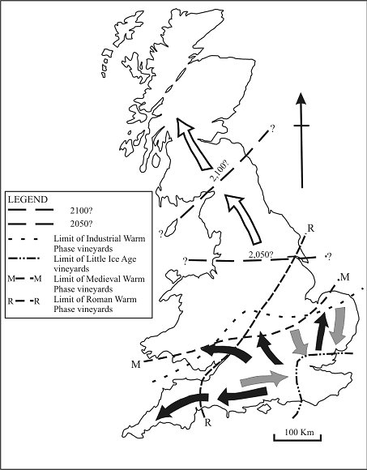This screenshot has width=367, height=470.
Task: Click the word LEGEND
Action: pyautogui.click(x=27, y=199)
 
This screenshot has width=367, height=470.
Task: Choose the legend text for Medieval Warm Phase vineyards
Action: pyautogui.click(x=102, y=283)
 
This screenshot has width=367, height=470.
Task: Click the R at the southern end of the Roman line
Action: pyautogui.click(x=207, y=421)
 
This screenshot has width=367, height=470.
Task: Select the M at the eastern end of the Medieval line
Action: pyautogui.click(x=345, y=279)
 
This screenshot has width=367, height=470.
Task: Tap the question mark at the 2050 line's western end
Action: pyautogui.click(x=186, y=261)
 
